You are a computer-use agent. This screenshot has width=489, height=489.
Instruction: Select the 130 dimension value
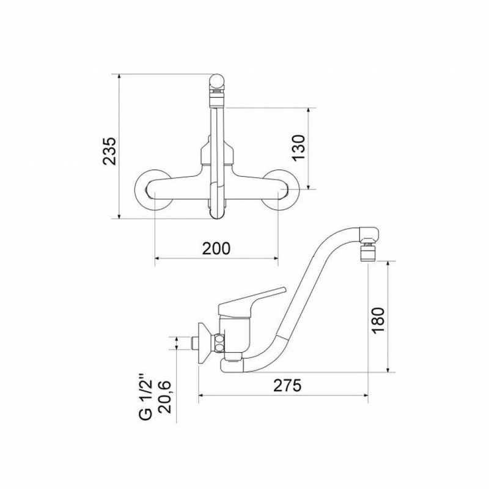pyautogui.click(x=298, y=148)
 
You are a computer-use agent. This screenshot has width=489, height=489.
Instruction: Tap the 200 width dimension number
pyautogui.click(x=216, y=248)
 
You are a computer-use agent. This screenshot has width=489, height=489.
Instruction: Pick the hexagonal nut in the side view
pyautogui.click(x=219, y=342)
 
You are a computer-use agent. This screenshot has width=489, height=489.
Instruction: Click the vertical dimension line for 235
pyautogui.click(x=120, y=147)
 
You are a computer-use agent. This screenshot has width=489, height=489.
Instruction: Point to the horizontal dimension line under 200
pyautogui.click(x=216, y=259)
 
